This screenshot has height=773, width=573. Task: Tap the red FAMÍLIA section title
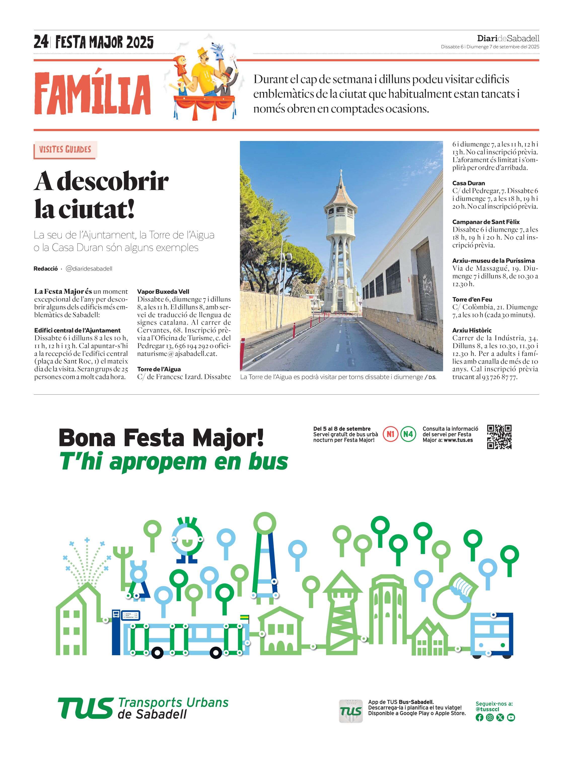coord(92,93)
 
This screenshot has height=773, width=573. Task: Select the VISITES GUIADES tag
coord(65,150)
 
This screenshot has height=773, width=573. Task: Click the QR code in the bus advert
coord(499,437)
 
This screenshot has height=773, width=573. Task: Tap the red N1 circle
coord(390,434)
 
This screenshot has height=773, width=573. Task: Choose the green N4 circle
coord(408,434)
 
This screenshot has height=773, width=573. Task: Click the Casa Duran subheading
coord(468,183)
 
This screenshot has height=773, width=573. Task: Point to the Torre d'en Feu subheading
coord(472,299)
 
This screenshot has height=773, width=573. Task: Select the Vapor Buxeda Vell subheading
coord(163,292)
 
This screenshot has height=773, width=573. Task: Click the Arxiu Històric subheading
coord(472,330)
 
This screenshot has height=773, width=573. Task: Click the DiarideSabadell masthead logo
coord(508,39)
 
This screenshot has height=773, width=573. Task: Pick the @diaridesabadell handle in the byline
coord(89,269)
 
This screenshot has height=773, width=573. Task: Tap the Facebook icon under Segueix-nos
coord(479,718)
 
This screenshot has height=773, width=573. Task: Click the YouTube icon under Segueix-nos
coord(511,718)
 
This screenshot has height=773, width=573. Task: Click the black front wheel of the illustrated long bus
coord(157,652)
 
